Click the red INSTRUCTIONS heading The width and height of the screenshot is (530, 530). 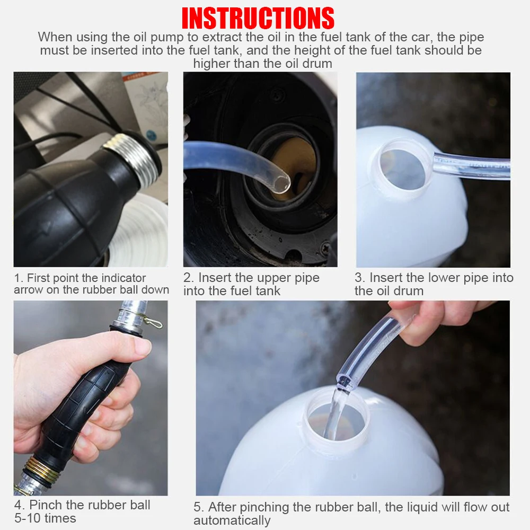258,18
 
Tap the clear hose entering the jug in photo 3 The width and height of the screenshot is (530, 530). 472,166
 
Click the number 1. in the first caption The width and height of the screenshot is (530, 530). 19,278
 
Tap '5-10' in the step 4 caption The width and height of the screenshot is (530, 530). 28,518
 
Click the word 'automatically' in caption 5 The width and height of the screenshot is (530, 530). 232,521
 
